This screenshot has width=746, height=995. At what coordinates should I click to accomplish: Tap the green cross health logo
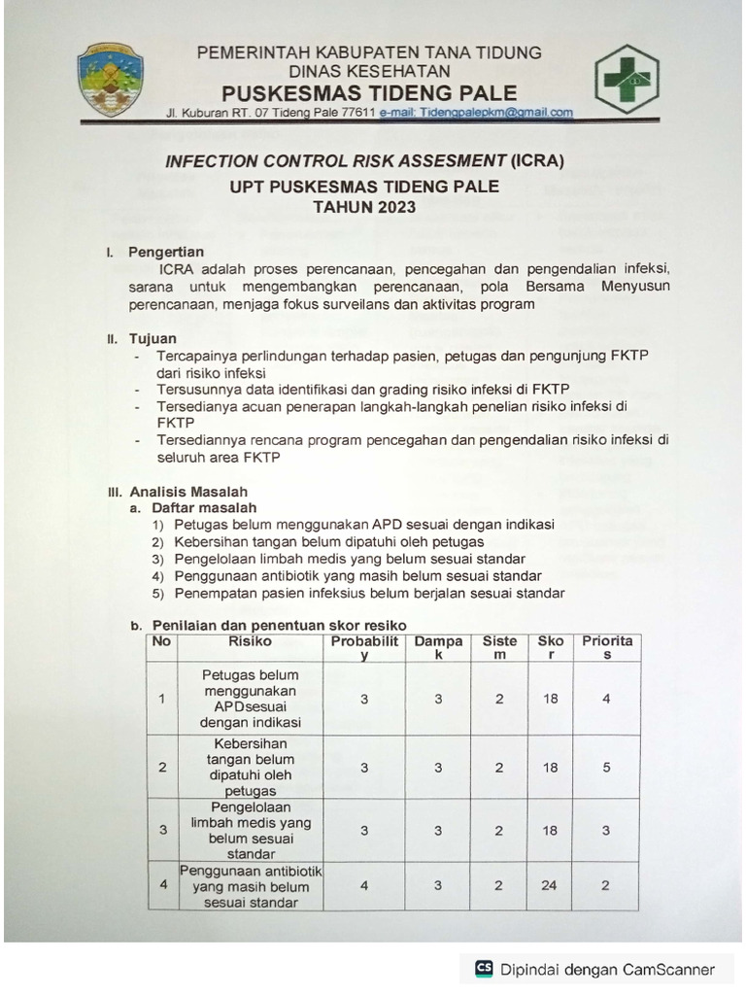point(627,79)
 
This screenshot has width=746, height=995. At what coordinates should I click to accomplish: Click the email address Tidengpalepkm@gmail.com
point(476,113)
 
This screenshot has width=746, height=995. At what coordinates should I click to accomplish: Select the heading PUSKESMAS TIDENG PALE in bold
point(369,93)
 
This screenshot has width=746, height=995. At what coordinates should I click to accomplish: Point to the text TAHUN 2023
point(364,207)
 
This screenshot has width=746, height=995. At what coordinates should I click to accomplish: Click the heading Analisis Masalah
point(188,492)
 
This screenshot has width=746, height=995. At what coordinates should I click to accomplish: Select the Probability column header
point(364,647)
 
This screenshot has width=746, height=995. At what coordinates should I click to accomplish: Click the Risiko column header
point(251,641)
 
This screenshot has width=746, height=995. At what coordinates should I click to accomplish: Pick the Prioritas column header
point(607,647)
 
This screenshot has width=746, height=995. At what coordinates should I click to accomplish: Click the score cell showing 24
point(551,886)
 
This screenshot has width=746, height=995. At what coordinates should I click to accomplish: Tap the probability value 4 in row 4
point(364,886)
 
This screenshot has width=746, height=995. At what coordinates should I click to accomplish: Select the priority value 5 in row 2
point(607,767)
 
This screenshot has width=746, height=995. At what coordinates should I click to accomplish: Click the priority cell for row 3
point(607,830)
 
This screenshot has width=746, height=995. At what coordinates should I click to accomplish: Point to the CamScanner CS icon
point(484,969)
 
